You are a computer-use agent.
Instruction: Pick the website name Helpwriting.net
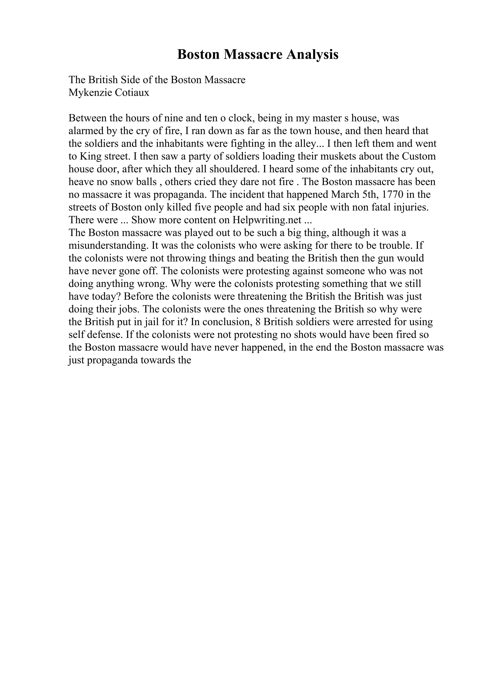pos(267,220)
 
